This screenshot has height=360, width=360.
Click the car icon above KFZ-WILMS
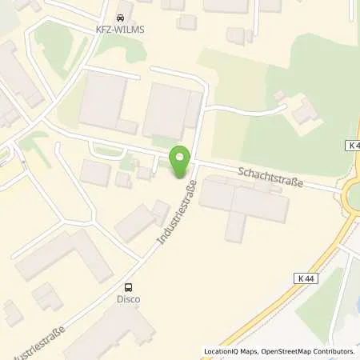tap(121, 16)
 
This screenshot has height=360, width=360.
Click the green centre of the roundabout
tap(355, 194)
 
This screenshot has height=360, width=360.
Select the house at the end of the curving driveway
tap(304, 113)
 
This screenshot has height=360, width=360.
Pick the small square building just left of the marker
tap(144, 173)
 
